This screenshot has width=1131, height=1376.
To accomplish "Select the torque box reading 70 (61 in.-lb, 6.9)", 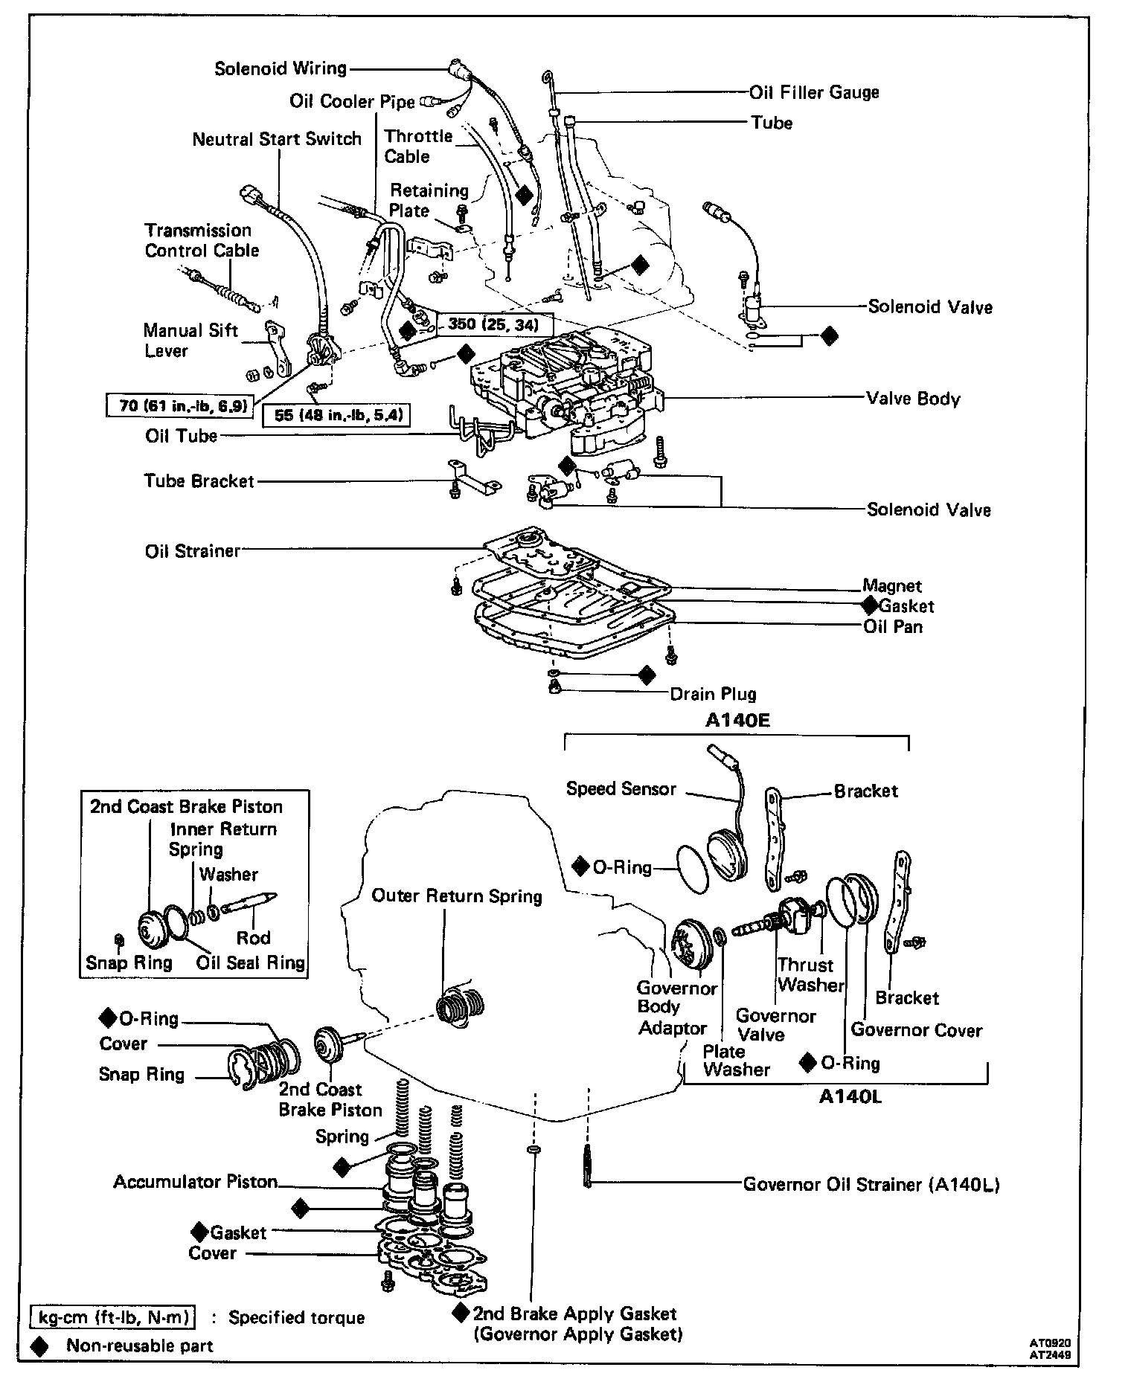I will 179,406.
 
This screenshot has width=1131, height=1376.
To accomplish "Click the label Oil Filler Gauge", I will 814,92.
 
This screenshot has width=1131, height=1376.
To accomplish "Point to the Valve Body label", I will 913,399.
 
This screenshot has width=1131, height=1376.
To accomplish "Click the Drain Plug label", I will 713,694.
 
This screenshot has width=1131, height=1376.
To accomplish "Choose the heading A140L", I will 850,1097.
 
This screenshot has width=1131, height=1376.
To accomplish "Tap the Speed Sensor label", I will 621,788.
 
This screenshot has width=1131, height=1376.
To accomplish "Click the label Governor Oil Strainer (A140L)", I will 871,1184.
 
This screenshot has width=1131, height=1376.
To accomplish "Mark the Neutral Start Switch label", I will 277,139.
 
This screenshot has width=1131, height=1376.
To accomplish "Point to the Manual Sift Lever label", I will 191,341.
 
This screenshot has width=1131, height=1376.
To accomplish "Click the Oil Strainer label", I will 193,551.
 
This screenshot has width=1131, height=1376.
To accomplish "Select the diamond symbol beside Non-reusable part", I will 39,1346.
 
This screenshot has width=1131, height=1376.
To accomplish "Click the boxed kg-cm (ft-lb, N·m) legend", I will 114,1317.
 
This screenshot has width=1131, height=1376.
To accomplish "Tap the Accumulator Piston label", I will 195,1182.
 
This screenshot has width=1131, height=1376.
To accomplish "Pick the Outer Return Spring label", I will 457,896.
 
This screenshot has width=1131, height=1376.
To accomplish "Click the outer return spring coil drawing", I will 461,1009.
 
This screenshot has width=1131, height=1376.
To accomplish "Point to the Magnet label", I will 892,586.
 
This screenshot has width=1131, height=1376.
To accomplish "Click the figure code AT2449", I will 1051,1354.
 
